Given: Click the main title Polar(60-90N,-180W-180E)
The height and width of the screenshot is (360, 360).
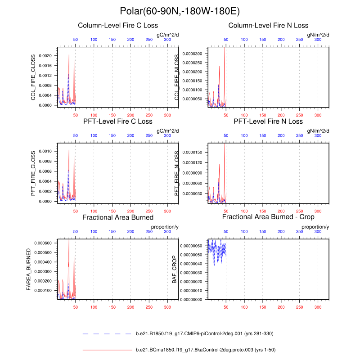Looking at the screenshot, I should pyautogui.click(x=180, y=11).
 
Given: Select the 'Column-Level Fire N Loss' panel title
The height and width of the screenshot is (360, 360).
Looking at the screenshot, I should pyautogui.click(x=268, y=25).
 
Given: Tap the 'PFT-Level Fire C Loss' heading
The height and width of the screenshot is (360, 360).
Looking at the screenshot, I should pyautogui.click(x=118, y=121).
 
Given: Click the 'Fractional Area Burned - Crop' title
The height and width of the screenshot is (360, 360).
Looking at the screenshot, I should pyautogui.click(x=268, y=217).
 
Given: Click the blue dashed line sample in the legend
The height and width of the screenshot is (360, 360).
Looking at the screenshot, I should pyautogui.click(x=107, y=333).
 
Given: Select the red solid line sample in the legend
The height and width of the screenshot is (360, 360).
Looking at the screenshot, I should pyautogui.click(x=107, y=349).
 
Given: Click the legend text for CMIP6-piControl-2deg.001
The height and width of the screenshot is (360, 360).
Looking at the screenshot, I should pyautogui.click(x=204, y=333).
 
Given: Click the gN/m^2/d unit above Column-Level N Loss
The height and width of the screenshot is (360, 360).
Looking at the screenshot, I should pyautogui.click(x=318, y=34).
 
